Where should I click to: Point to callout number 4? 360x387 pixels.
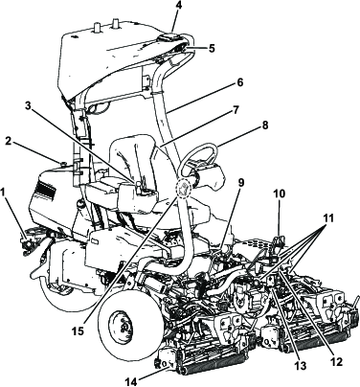click(x=177, y=7)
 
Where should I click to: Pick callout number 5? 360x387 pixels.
click(x=213, y=45)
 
